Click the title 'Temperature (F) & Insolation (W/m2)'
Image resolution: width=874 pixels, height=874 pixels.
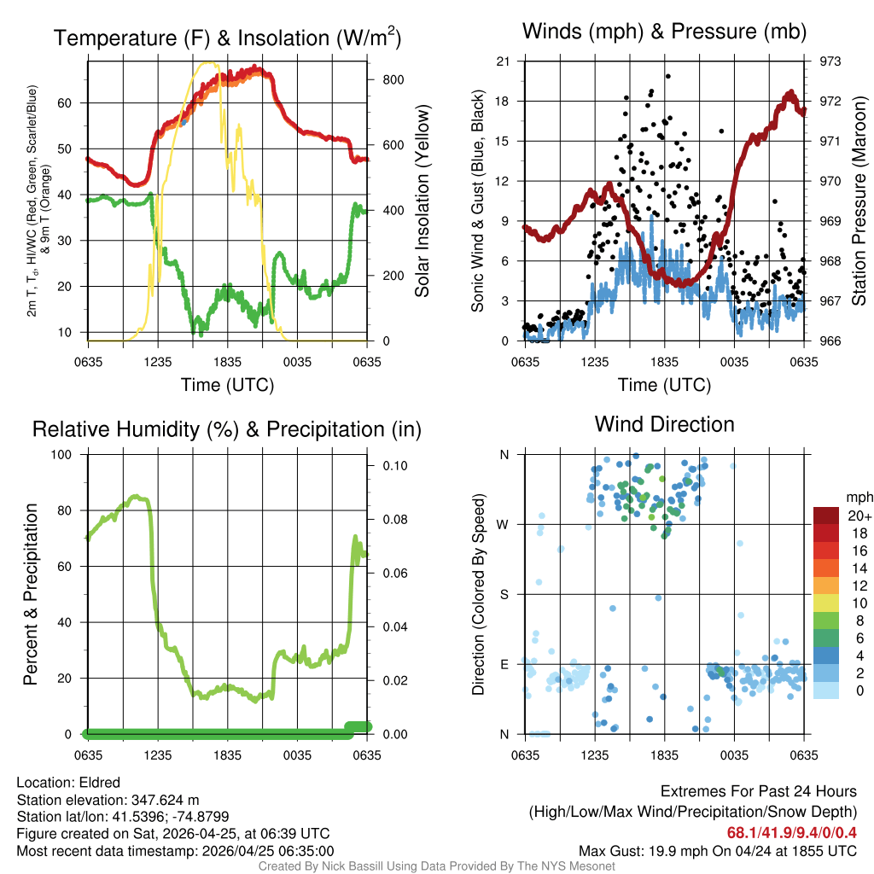[227, 38]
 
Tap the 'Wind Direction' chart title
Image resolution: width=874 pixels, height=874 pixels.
[664, 424]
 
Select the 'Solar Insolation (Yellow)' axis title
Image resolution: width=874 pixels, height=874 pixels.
[422, 201]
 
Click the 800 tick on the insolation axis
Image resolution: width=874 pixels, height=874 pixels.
[383, 79]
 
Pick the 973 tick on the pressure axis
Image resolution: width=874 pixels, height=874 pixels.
[830, 61]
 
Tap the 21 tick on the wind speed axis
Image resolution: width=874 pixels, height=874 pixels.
[504, 61]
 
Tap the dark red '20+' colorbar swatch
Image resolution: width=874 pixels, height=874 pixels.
[828, 516]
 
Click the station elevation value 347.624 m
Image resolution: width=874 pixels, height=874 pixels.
[165, 800]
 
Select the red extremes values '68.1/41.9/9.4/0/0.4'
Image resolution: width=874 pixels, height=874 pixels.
[791, 832]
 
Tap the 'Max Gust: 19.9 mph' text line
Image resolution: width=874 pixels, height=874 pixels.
[718, 851]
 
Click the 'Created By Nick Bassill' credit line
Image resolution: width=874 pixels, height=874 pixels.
[436, 866]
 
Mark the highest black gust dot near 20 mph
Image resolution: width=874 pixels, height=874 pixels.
[668, 75]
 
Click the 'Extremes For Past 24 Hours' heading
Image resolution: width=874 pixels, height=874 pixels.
[759, 791]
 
